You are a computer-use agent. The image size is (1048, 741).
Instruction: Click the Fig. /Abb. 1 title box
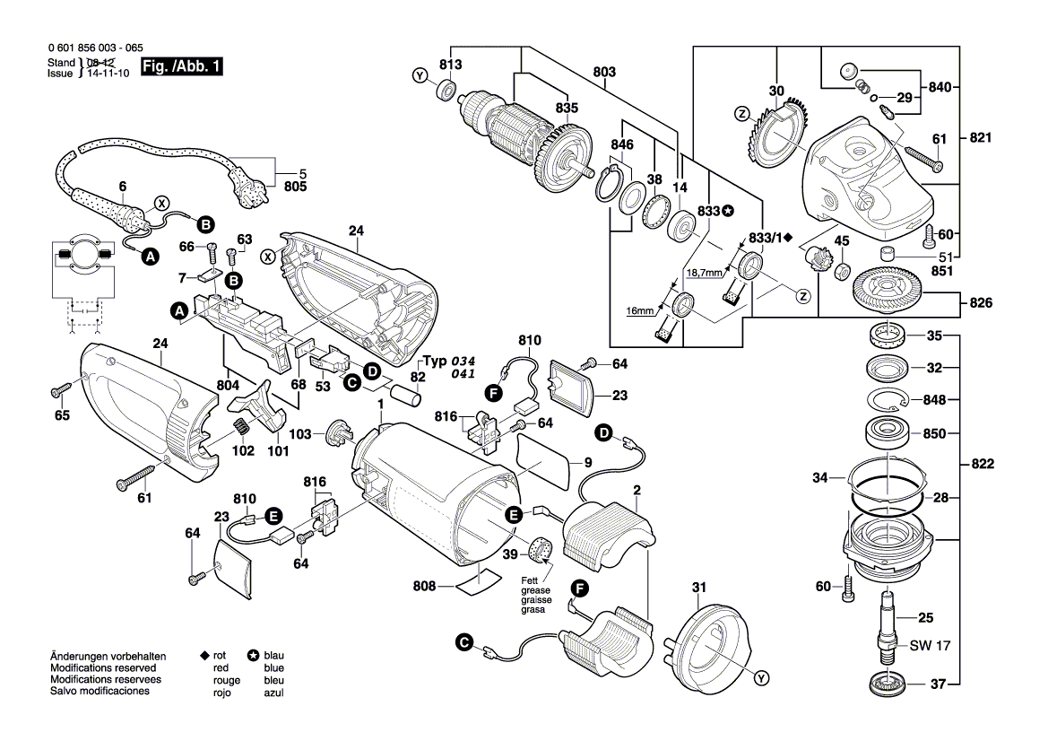click(183, 68)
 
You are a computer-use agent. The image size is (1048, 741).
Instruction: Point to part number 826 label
click(981, 304)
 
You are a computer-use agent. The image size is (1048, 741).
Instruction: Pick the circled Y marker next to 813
click(419, 77)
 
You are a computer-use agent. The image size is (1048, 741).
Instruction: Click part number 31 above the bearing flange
click(699, 588)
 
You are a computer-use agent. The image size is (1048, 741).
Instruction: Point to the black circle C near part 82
click(352, 382)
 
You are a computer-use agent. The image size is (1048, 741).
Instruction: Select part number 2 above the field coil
click(637, 490)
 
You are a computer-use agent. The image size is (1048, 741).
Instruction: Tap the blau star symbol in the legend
click(254, 657)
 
